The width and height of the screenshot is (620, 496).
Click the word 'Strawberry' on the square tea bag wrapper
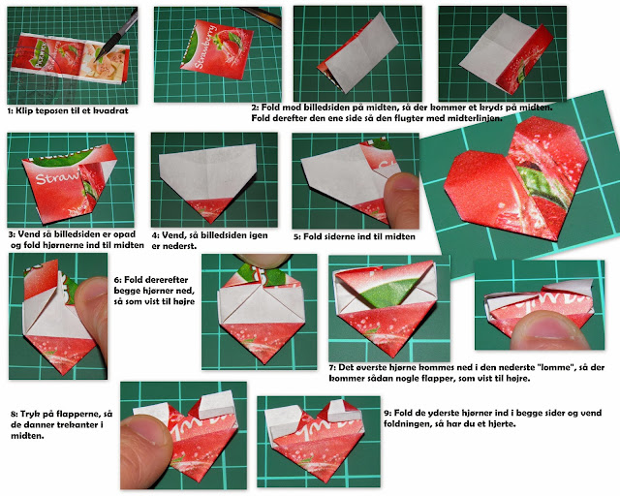point(205,46)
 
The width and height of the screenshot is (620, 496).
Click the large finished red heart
point(516,180)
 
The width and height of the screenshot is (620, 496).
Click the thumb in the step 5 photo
point(401,200)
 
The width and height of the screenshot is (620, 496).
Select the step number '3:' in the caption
point(13,234)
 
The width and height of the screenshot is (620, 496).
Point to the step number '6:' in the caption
point(118,280)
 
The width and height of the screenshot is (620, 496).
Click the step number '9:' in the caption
point(387,413)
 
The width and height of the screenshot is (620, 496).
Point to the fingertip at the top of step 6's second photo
point(263,260)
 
